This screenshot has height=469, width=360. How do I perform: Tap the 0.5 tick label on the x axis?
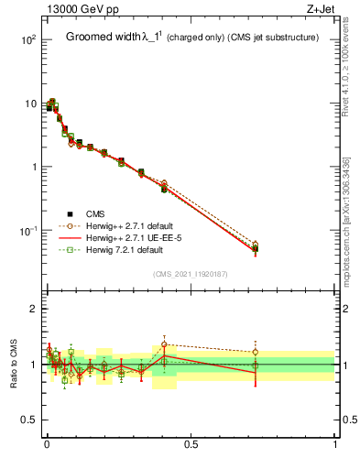tap(191, 444)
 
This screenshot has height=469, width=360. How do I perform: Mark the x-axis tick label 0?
tap(47, 444)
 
